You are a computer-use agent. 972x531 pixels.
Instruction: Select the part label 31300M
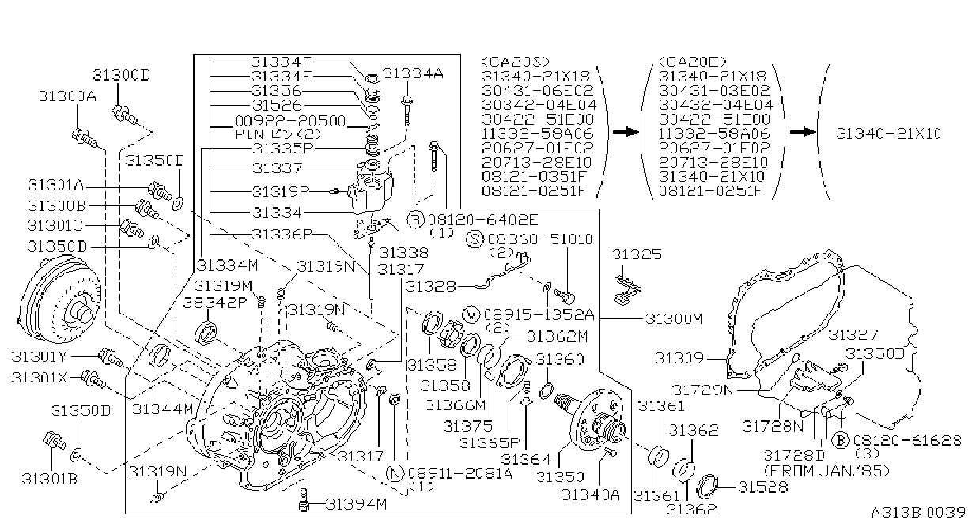click(674, 319)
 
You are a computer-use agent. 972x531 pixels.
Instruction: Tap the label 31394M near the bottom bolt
click(356, 505)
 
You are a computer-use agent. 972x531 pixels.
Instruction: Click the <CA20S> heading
click(516, 62)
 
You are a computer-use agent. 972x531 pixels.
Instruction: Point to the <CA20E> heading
click(693, 62)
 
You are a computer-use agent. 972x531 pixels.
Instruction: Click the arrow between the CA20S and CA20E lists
click(626, 132)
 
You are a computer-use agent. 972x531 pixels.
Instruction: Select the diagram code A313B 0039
click(917, 513)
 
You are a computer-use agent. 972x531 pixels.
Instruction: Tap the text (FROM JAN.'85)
click(826, 471)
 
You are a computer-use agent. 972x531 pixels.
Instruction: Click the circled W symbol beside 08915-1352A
click(471, 314)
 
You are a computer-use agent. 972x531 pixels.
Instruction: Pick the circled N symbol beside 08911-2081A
click(395, 473)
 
